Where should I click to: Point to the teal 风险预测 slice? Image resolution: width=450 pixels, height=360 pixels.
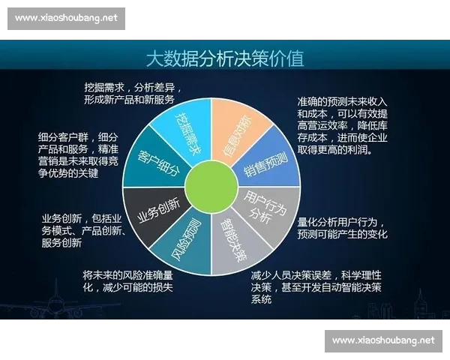[x=188, y=241]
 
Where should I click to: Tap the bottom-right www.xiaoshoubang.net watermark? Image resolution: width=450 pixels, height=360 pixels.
[x=382, y=340]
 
